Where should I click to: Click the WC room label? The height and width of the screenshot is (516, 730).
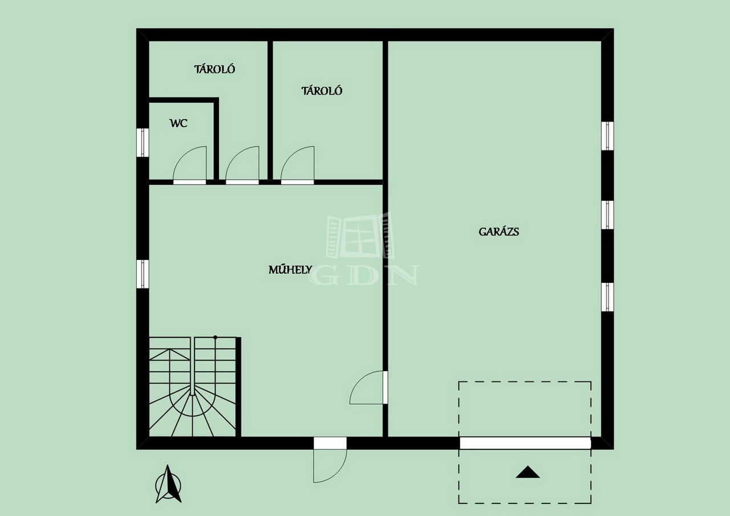[179, 124]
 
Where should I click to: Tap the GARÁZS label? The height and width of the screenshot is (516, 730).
[498, 231]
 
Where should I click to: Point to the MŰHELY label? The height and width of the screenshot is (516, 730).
[290, 270]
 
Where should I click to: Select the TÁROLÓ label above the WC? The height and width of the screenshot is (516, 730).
[214, 69]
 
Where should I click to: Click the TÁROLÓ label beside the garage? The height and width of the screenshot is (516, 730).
[322, 91]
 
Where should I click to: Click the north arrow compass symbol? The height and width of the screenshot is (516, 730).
[168, 485]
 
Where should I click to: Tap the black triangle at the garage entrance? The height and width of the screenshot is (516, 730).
[528, 472]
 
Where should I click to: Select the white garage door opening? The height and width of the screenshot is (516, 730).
[525, 443]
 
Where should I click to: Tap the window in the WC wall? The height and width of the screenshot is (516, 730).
[143, 143]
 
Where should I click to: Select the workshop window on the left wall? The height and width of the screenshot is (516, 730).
[143, 274]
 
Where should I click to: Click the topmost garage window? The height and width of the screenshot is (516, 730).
[607, 136]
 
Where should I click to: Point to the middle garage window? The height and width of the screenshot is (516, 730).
[607, 215]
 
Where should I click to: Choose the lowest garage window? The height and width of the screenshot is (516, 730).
[607, 296]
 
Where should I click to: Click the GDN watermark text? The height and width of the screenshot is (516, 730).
[364, 275]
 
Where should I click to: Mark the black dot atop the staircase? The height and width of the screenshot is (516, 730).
[215, 338]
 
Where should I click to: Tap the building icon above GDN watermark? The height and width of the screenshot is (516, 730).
[360, 235]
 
